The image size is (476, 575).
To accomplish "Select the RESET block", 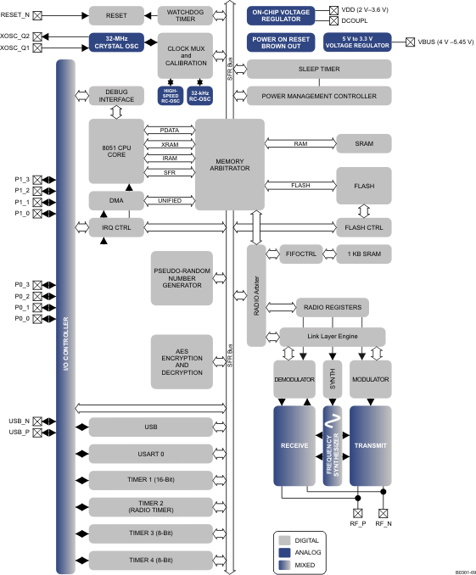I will [x=116, y=15].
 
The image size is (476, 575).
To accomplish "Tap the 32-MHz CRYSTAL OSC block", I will [x=117, y=42].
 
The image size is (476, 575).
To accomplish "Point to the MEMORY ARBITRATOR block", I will [x=229, y=164].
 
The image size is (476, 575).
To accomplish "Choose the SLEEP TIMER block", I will [x=319, y=69].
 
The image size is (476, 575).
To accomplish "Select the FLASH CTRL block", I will [x=363, y=228].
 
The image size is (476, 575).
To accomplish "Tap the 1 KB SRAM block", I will [x=363, y=254].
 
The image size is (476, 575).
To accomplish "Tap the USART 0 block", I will [x=151, y=453].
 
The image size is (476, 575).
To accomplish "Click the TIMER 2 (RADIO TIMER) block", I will [x=151, y=506].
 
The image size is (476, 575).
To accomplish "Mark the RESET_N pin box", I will [x=36, y=15].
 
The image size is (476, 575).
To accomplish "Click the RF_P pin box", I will [x=356, y=512].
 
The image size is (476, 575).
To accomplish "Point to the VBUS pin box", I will [x=412, y=42].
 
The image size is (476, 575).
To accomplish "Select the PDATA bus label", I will [x=169, y=130].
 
